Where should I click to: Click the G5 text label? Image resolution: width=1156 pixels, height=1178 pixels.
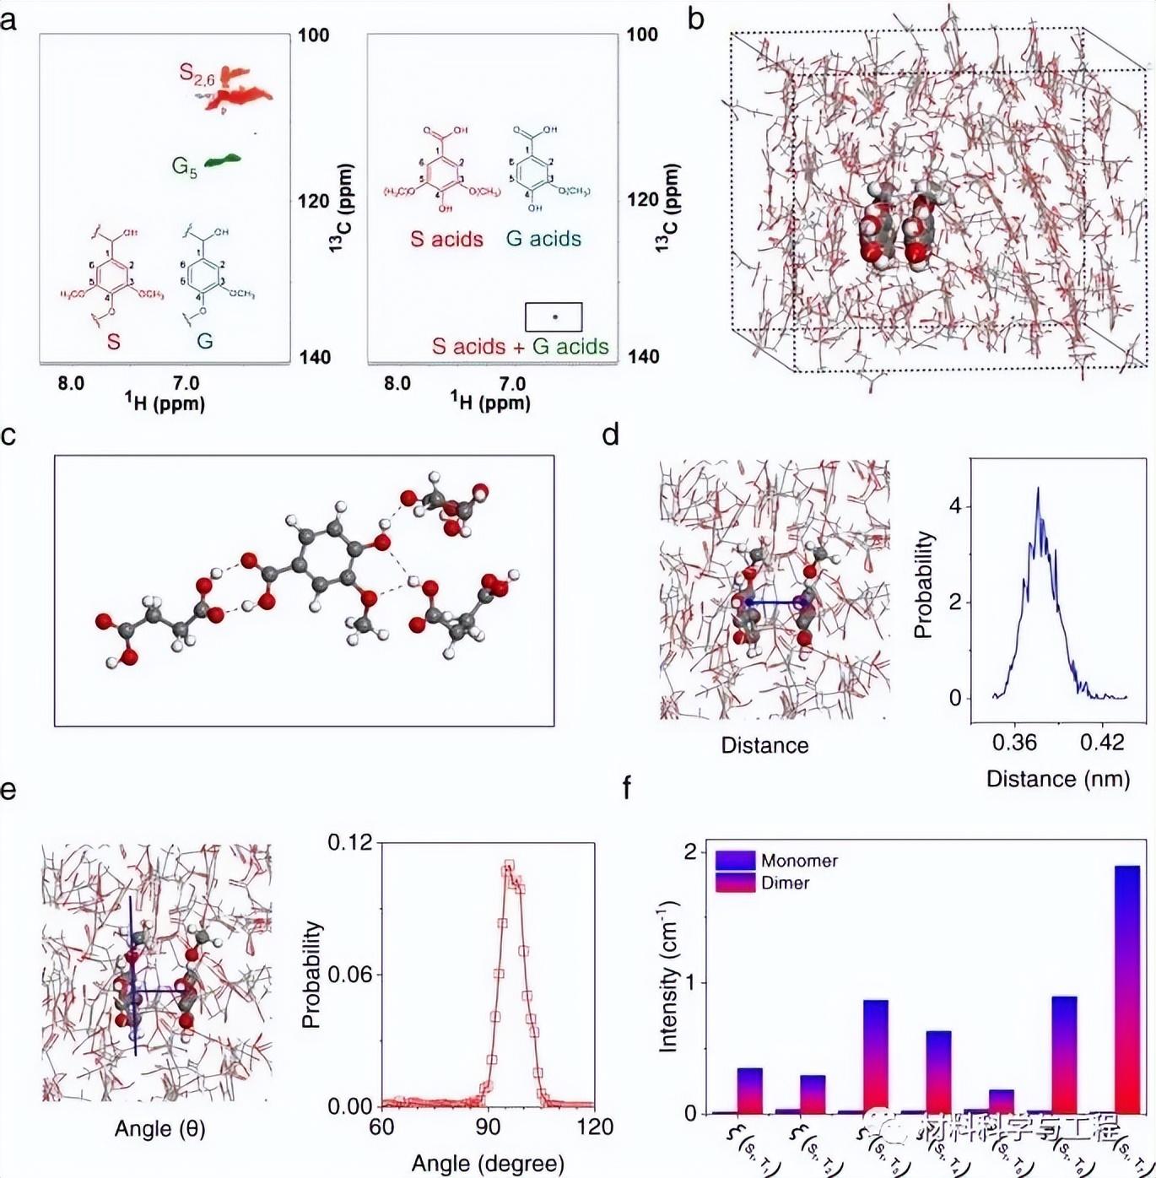click(184, 166)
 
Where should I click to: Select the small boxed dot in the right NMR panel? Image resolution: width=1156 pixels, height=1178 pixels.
click(554, 316)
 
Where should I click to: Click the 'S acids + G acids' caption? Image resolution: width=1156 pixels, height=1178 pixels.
click(520, 346)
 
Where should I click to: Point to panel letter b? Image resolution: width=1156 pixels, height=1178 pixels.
click(696, 19)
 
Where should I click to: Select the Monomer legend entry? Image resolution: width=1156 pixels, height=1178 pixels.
click(798, 861)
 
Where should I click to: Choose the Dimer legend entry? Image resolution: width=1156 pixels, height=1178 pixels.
click(785, 883)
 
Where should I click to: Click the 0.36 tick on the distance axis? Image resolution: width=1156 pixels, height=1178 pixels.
click(1014, 742)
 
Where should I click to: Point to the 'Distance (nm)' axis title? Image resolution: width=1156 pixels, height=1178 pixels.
click(1058, 778)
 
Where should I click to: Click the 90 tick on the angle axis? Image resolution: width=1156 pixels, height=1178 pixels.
click(489, 1127)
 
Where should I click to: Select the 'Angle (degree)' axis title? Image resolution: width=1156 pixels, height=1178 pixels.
click(488, 1164)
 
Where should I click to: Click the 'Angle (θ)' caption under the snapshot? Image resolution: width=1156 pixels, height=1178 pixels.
click(159, 1128)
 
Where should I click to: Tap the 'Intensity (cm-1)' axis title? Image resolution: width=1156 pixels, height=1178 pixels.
click(669, 975)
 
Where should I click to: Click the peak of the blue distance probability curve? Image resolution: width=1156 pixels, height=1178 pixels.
click(1038, 489)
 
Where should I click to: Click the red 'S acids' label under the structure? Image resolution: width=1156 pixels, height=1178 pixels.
click(446, 239)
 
